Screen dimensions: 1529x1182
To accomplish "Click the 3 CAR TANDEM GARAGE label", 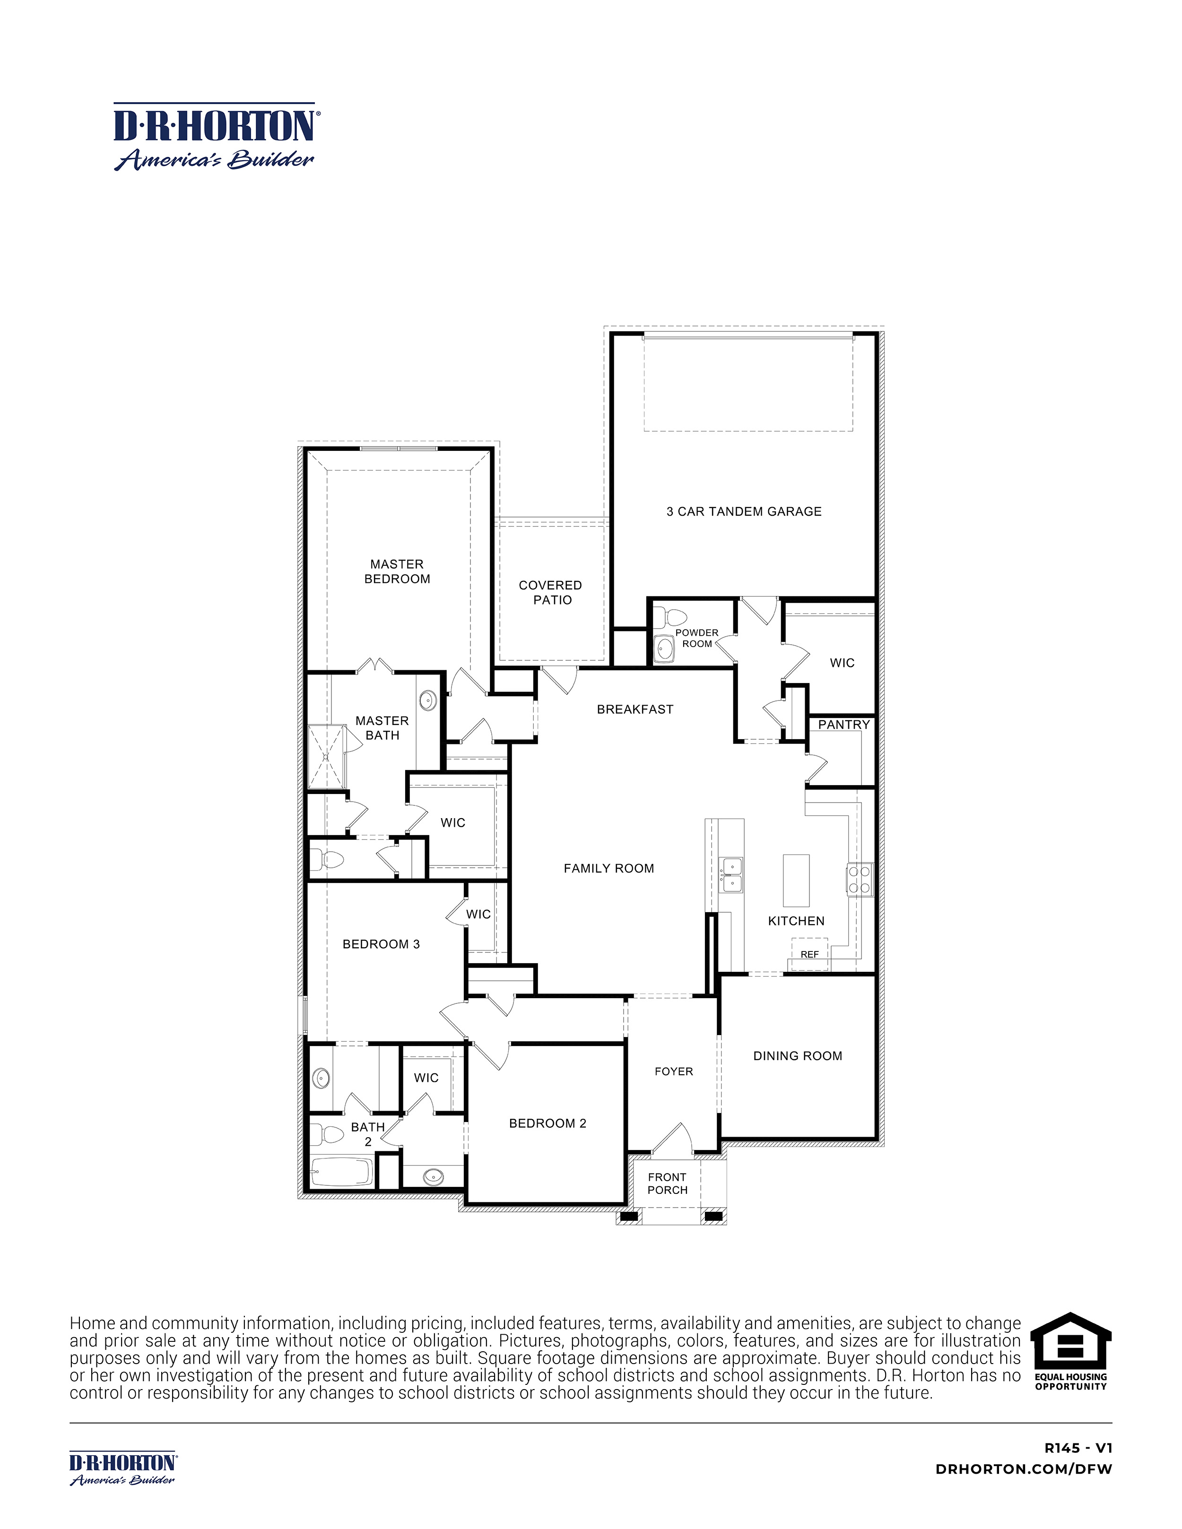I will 744,512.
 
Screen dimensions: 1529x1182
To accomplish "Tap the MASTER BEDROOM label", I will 397,571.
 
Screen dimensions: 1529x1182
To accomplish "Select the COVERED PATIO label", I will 551,592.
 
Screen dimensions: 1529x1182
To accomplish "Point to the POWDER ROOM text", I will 697,638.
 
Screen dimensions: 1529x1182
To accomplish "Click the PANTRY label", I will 844,725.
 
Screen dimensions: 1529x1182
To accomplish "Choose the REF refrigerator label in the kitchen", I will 809,954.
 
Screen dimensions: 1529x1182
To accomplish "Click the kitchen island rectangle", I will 795,880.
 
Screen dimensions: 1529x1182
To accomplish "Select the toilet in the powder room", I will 675,618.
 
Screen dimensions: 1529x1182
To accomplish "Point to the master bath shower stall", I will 327,757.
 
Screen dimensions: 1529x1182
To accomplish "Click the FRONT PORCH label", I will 667,1183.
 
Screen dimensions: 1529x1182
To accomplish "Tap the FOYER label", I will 674,1071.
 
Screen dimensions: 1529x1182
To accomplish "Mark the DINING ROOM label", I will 798,1056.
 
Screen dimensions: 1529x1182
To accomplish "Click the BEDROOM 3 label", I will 381,944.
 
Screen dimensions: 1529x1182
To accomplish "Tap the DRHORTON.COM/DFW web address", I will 1024,1469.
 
